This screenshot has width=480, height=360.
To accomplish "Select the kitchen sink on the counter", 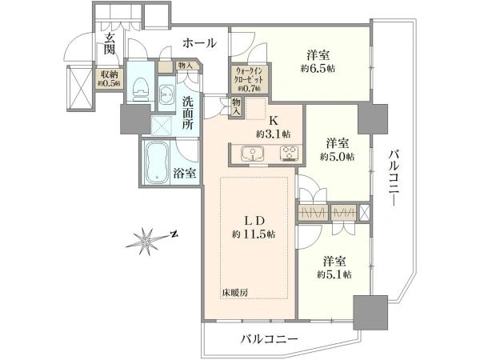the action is coord(253,153).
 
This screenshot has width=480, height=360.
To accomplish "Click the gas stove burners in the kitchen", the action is coord(288,154).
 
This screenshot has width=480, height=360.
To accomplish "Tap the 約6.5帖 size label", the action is coord(318,69).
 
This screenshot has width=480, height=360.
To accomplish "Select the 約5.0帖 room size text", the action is coord(338,157).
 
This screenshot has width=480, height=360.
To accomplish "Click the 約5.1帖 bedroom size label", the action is coord(334,274).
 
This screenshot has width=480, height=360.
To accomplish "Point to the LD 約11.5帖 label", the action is coord(254,227).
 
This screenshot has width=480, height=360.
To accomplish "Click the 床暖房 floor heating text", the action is coord(234,292).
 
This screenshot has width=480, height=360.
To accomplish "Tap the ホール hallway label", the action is coord(199,43).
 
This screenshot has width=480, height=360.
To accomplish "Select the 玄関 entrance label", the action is coord(109,43).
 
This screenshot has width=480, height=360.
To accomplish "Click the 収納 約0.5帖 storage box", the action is coord(109,78).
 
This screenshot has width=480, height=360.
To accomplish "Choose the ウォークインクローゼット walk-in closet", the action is coord(250,78).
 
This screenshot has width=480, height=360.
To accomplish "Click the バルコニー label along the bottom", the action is coord(269,339).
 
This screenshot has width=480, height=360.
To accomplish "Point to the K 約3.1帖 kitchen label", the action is coord(274,128).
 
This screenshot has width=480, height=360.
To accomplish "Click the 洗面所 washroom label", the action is coord(188,114).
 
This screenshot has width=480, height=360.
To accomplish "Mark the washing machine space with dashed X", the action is coord(162,126).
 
